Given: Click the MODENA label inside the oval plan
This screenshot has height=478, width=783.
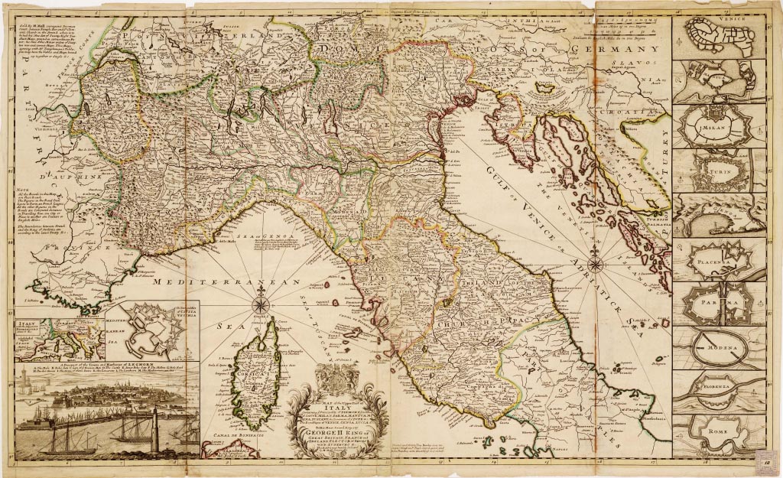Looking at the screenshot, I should (x=710, y=349).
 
